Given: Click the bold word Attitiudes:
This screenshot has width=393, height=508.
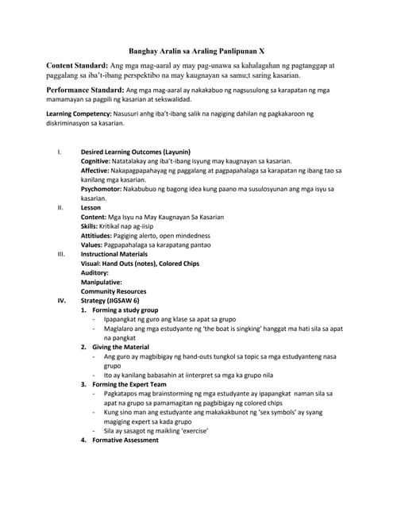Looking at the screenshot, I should click(98, 236).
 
